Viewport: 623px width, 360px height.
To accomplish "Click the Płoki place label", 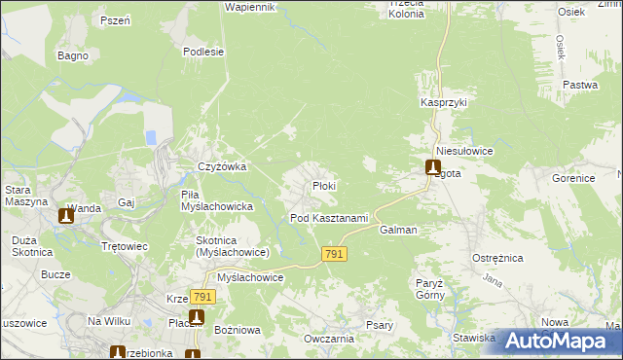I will pos(324,186).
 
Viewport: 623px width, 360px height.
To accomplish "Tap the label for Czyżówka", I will pos(222,166).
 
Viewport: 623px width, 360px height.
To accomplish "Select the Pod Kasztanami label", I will pos(329,218).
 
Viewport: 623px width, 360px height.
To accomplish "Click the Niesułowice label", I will pos(465,153).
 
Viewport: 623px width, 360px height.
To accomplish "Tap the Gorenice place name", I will pos(573,180).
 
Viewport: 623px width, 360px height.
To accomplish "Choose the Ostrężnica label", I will pos(498,258).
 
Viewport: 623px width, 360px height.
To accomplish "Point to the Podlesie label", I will pos(203,52).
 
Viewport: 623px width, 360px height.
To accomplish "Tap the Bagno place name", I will pos(73,55).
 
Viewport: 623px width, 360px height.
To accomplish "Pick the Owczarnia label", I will pos(327,339).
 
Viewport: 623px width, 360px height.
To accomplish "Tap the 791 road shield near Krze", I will pos(202,297).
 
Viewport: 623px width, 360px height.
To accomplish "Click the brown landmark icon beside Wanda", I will pos(66,216).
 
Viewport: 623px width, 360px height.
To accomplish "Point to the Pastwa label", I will pos(580,86).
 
